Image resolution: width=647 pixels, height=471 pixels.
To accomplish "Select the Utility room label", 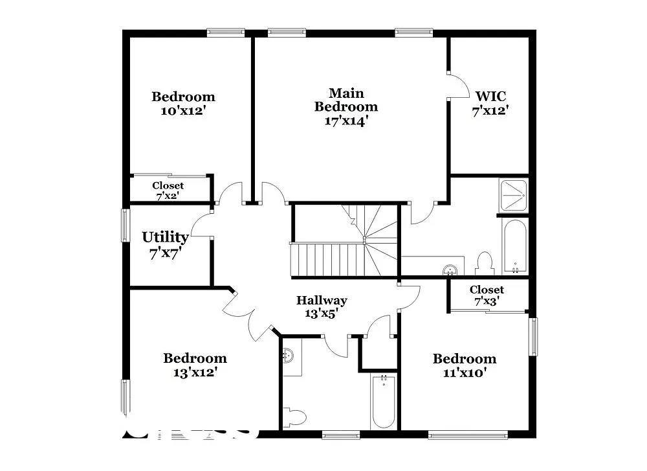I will click(165, 238).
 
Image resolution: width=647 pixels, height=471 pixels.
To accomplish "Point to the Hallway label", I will click(322, 301).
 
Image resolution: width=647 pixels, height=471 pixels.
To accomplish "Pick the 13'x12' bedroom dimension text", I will click(195, 373).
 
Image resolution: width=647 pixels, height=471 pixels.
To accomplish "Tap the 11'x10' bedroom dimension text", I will click(464, 373).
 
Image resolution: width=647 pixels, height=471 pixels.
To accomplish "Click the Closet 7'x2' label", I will click(168, 190).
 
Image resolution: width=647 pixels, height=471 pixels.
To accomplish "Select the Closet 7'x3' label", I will click(487, 295).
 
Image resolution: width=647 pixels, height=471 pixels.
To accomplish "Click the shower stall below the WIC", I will click(513, 195).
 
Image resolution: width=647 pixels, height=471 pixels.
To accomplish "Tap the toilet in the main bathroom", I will click(484, 264).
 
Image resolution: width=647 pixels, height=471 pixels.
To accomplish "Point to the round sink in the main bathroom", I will click(452, 268).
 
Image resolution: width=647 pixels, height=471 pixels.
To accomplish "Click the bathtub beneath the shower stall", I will click(515, 246).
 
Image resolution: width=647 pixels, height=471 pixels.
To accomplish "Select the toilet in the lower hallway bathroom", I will click(294, 417).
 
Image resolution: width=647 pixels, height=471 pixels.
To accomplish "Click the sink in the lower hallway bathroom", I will click(289, 356).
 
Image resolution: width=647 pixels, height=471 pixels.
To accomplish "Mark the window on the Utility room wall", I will click(125, 225).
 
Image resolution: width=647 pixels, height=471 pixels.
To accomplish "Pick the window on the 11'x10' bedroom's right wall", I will click(533, 336).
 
